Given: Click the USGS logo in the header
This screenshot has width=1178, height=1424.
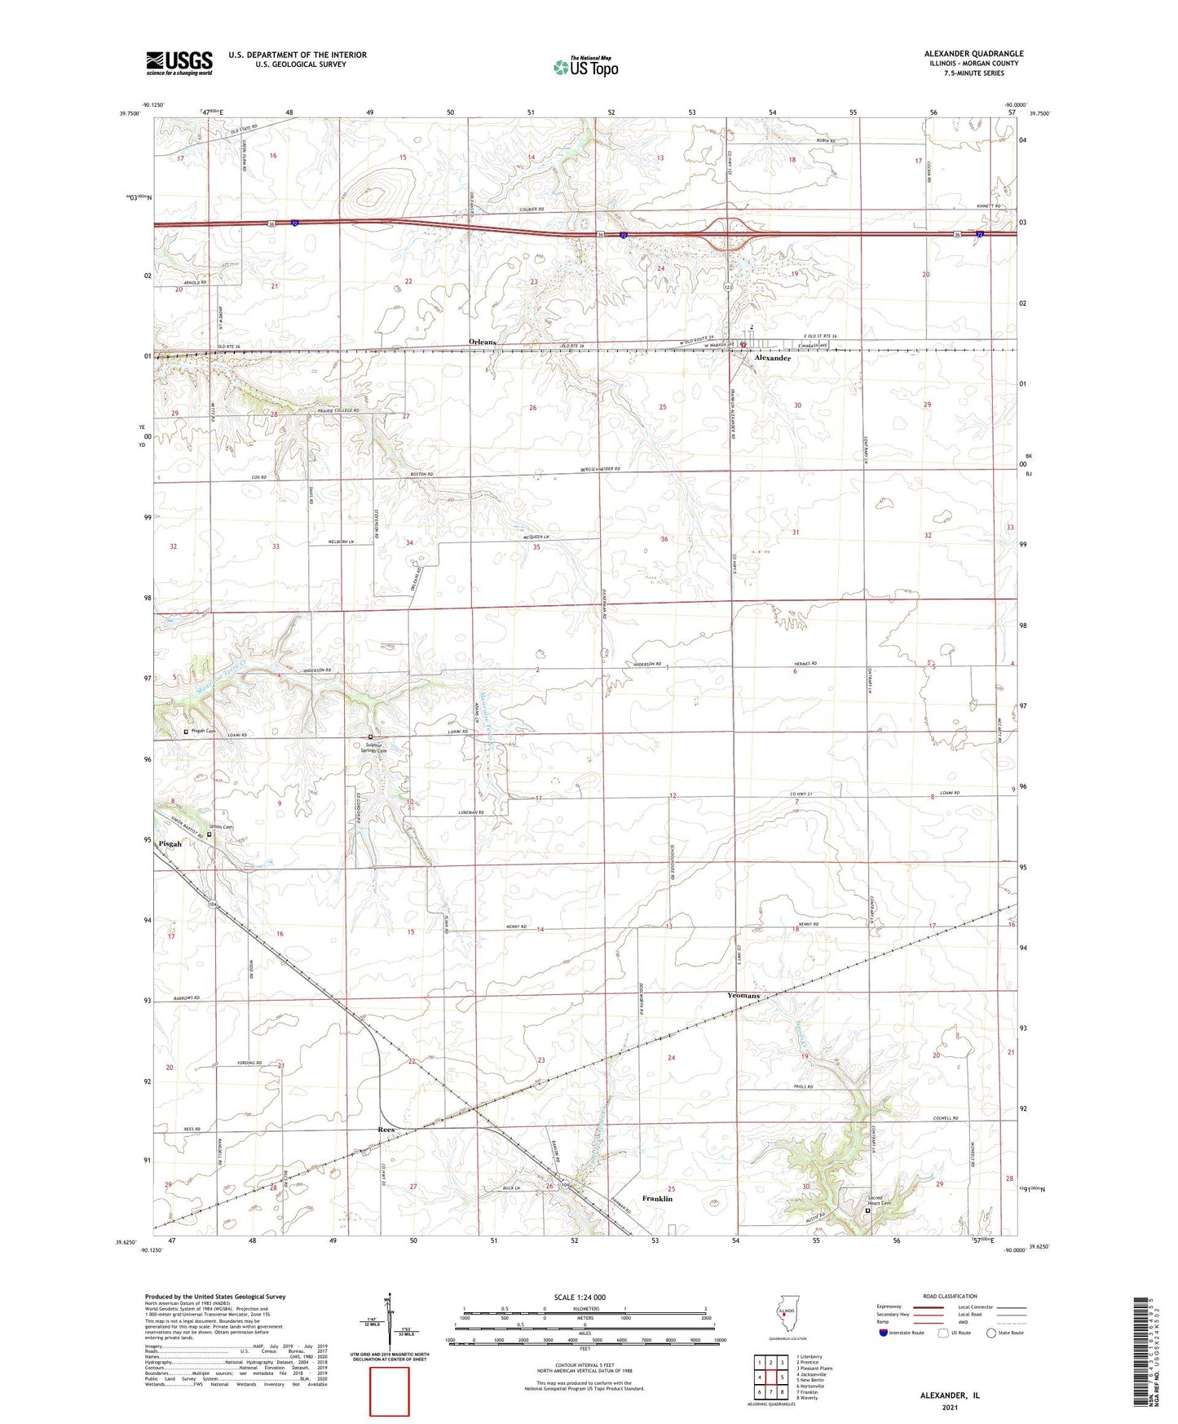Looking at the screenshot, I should (x=179, y=62).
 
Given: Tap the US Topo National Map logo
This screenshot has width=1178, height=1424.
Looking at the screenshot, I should (x=585, y=66).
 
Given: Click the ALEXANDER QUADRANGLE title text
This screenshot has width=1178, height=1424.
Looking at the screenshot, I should (x=973, y=54).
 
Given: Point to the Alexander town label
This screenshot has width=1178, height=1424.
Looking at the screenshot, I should (x=771, y=358).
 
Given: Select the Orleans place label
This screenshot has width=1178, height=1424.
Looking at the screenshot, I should (x=482, y=342).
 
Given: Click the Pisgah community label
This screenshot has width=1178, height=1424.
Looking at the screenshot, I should (x=170, y=844).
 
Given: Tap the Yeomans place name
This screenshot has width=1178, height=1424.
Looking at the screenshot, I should (x=743, y=996).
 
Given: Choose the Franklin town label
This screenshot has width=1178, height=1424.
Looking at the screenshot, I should (x=657, y=1199).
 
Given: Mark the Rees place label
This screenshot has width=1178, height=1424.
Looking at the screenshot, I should (x=386, y=1130).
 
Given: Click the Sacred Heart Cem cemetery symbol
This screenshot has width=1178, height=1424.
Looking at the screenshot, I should (x=867, y=1211).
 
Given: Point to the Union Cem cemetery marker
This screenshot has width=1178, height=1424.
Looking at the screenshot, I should (x=209, y=834).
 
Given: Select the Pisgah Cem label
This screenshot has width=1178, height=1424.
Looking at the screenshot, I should (x=204, y=731).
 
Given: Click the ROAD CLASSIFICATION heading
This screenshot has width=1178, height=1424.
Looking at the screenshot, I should (x=950, y=1296).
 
